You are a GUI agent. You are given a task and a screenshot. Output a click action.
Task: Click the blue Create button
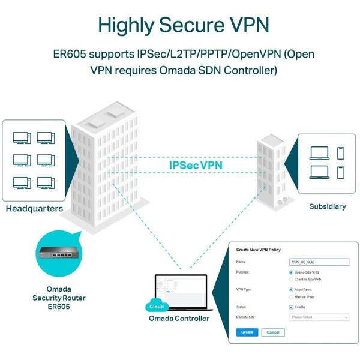click(247, 332)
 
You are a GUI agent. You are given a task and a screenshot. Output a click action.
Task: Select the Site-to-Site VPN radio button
click(291, 272)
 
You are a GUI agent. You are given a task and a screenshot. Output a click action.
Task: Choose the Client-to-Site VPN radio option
click(291, 279)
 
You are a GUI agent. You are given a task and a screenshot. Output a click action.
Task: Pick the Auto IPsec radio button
click(291, 290)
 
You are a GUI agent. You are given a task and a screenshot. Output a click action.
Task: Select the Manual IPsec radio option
click(291, 297)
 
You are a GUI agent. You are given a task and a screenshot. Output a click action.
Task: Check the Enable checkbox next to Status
click(291, 307)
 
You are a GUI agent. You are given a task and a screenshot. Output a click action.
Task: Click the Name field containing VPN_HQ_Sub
click(319, 262)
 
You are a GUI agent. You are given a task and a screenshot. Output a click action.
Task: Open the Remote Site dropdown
click(319, 317)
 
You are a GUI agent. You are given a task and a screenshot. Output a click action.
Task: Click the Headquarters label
click(34, 209)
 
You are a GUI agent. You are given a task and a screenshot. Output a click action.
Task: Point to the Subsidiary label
click(327, 206)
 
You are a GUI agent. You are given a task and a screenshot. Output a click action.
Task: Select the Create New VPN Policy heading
click(259, 249)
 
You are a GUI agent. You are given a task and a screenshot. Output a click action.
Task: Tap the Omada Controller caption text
click(179, 318)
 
